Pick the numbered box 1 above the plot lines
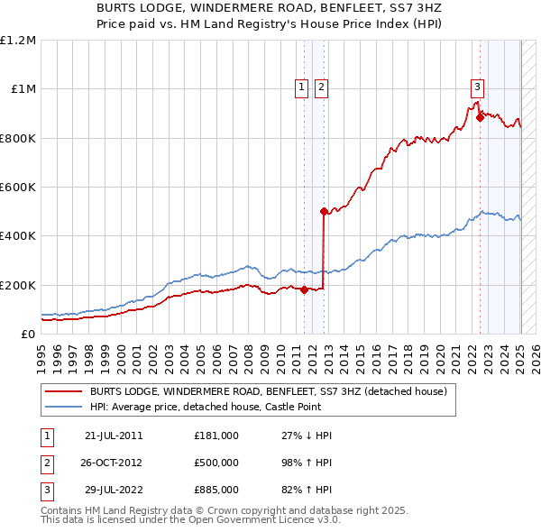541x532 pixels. tap(300, 87)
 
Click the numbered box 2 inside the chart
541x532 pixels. tap(322, 87)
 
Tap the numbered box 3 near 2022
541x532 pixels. tap(476, 87)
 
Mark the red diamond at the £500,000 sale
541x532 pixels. tap(324, 211)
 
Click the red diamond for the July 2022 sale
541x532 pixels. tap(480, 117)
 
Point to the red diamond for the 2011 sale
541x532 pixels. tap(304, 289)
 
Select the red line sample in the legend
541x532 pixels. tap(63, 392)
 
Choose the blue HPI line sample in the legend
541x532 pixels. tap(63, 408)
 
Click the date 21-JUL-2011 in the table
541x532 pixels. tap(114, 436)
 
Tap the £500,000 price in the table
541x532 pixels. tap(216, 463)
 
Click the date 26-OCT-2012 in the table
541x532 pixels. tap(114, 463)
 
